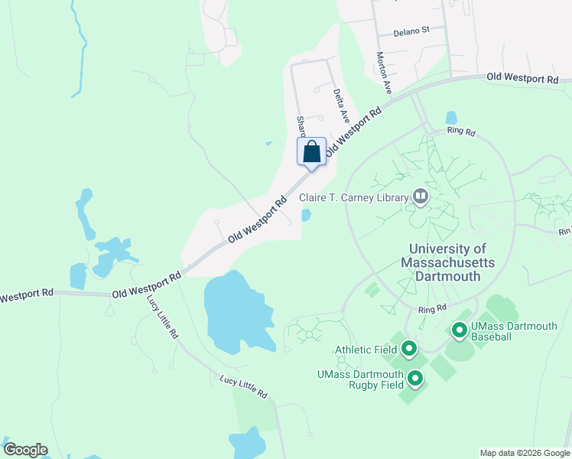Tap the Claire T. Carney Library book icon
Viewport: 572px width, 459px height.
(420, 197)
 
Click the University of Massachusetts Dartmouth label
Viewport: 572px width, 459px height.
(447, 262)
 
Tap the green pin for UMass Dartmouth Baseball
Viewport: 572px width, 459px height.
(459, 330)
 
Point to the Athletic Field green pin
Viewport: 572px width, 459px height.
(408, 350)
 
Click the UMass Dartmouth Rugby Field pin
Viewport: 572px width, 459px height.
(415, 379)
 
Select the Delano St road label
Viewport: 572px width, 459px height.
(413, 32)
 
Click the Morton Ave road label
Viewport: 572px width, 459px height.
(383, 73)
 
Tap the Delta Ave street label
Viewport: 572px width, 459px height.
(340, 106)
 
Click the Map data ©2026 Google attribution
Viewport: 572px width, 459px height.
(524, 453)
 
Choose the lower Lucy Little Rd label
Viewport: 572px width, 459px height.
(243, 387)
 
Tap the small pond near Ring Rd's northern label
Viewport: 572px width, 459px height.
(451, 119)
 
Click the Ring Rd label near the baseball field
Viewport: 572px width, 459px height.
(432, 309)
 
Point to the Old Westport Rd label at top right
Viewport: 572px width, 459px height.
(522, 78)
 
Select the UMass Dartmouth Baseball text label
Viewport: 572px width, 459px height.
(514, 331)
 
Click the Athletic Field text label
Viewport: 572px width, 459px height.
(366, 350)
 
